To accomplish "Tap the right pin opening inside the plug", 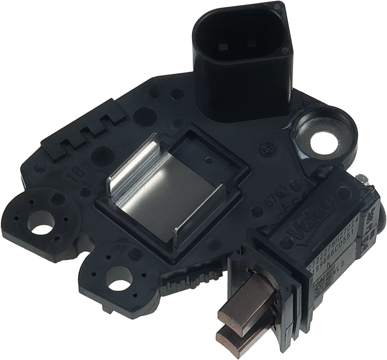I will (251, 44).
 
